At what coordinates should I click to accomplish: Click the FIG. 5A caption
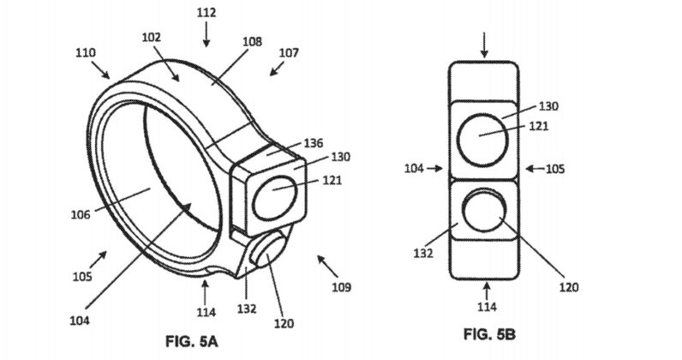point(192,341)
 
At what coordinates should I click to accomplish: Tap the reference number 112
point(206,13)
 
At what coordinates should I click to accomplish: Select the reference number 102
point(153,38)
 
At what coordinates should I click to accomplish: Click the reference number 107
point(289,53)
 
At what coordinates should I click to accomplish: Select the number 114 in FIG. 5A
point(206,313)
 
